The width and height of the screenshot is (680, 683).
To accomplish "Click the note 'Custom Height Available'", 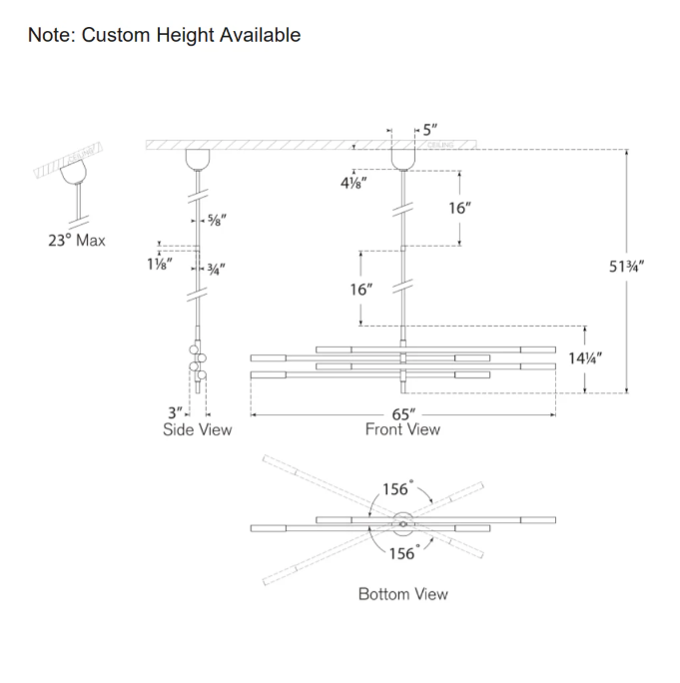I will [165, 35].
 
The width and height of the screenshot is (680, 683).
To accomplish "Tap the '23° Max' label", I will [76, 241].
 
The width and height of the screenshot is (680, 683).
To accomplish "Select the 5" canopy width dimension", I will [429, 130].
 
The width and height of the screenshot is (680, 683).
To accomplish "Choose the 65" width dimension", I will [403, 412].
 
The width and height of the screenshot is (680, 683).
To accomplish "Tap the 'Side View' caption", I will [198, 430].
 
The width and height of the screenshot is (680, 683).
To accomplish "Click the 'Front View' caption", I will [402, 429].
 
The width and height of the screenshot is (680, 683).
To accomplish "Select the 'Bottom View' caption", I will [403, 594].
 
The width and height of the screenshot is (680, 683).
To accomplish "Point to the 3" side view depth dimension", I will [177, 412].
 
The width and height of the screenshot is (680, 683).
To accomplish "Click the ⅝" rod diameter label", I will [216, 221].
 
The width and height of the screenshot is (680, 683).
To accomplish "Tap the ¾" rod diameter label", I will [215, 268].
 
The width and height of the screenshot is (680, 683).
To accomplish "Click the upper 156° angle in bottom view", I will [397, 489].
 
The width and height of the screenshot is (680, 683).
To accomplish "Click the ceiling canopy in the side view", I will [198, 161].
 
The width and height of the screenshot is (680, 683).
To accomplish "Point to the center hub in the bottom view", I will [403, 520].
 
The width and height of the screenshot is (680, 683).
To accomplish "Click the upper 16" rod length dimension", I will [460, 209].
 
